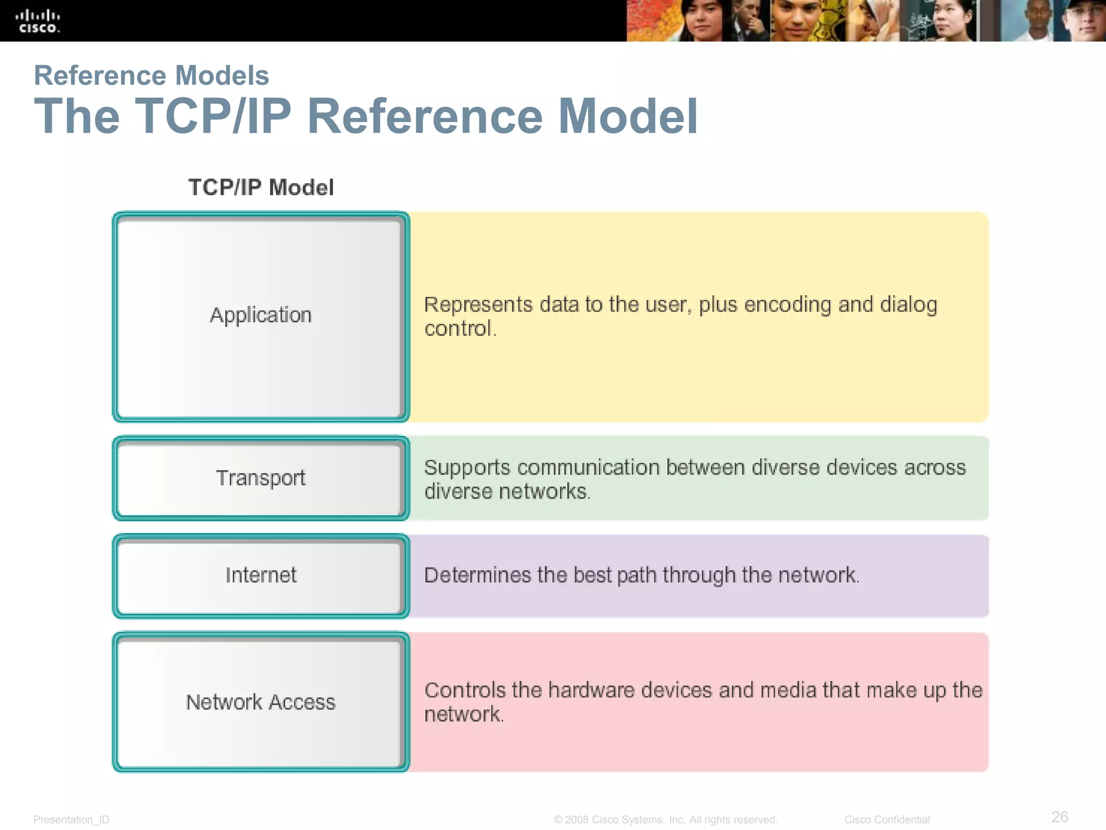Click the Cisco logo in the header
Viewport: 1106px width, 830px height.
(37, 22)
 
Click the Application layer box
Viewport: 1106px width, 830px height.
(261, 316)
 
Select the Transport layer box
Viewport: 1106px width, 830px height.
(261, 478)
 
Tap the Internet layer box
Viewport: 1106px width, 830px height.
(261, 575)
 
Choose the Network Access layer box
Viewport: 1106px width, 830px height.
(261, 702)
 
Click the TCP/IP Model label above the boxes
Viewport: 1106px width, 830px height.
(261, 188)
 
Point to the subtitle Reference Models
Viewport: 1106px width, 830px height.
(151, 75)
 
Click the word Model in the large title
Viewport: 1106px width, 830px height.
(628, 116)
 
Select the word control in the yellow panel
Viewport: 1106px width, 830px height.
(458, 329)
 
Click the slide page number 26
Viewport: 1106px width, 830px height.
(1060, 816)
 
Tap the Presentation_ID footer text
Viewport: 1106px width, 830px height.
(71, 820)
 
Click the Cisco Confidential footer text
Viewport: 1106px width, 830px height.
(887, 820)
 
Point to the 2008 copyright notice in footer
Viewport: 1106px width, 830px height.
(665, 820)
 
